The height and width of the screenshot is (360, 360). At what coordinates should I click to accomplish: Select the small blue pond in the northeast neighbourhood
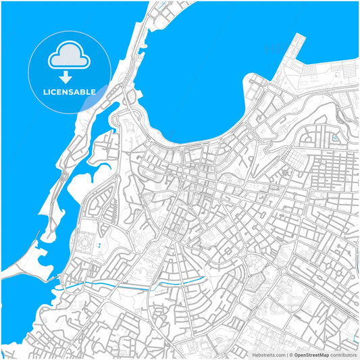click(334, 137)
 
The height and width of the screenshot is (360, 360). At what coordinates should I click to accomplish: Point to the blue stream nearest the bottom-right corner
click(355, 338)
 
